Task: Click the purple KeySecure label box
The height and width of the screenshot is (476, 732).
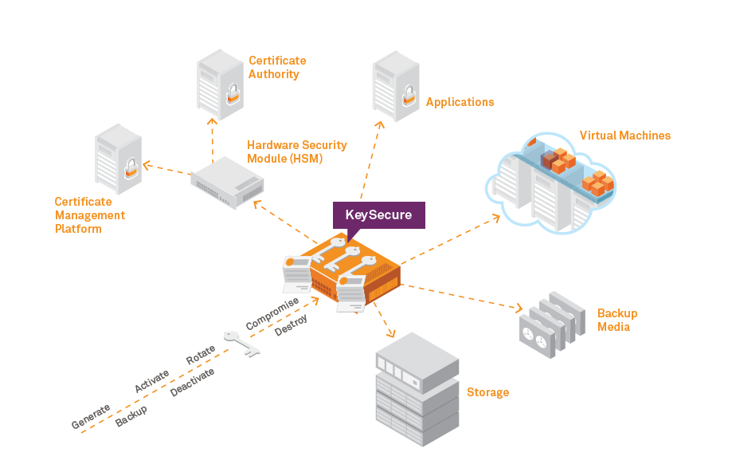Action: point(378,214)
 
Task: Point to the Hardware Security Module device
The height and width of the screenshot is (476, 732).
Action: point(227,182)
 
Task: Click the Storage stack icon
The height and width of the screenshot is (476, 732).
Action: point(417,390)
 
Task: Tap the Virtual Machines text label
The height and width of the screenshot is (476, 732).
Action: point(624,136)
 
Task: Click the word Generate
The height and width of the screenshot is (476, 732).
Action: point(91,415)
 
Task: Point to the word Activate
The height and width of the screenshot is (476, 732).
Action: point(151,380)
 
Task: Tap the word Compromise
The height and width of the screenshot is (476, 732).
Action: point(272,314)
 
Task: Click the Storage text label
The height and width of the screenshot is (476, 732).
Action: point(487,392)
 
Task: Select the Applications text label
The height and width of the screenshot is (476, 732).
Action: point(460,102)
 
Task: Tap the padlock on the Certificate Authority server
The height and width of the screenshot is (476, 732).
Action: point(230,96)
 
